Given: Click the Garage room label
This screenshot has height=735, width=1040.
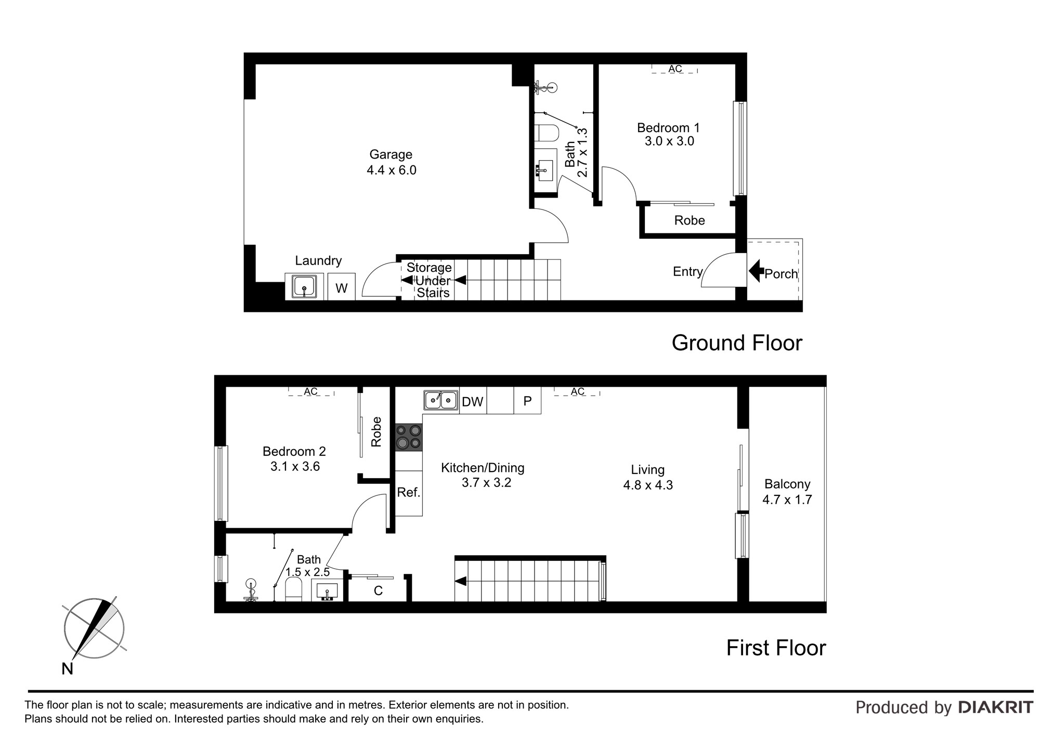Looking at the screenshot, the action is [391, 154].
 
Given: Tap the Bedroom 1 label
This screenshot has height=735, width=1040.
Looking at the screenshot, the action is [668, 128].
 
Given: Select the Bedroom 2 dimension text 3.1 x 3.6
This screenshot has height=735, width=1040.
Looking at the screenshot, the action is [295, 467].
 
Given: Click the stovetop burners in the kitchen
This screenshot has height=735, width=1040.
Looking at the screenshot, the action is [409, 437].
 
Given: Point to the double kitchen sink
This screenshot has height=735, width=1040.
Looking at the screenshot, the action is [441, 400].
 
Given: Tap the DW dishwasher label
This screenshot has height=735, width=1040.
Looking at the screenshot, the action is [473, 401].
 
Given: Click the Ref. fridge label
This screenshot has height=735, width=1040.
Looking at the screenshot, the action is [408, 492].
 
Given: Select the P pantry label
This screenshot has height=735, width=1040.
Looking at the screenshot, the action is [527, 401].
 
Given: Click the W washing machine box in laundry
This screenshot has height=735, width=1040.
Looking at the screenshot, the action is [341, 287].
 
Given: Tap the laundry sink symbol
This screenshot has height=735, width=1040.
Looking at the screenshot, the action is [304, 287].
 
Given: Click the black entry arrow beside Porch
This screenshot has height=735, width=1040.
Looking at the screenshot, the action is [756, 270].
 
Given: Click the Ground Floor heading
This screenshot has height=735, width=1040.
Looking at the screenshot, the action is [737, 343].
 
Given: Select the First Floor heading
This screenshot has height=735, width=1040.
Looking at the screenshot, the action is [776, 648].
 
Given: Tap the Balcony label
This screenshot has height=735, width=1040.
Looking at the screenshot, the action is [787, 484].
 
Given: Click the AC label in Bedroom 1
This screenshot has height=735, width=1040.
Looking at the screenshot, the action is [675, 69].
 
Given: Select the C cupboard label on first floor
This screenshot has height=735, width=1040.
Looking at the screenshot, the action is [379, 591].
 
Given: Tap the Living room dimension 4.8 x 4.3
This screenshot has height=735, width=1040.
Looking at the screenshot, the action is [648, 485].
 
